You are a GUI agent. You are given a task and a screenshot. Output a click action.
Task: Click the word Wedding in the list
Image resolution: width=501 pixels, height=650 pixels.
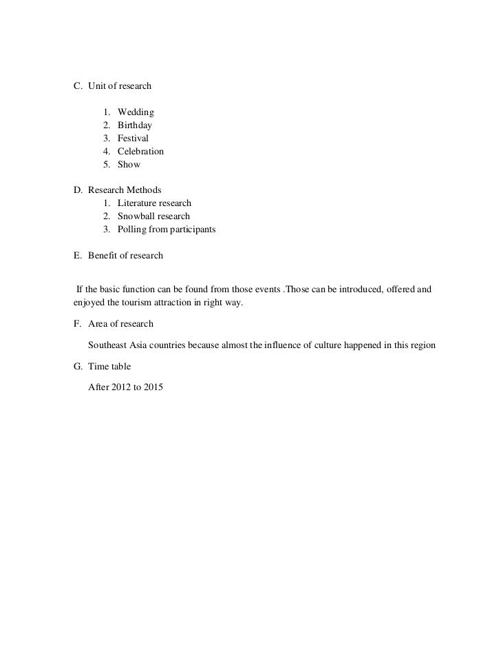pyautogui.click(x=136, y=112)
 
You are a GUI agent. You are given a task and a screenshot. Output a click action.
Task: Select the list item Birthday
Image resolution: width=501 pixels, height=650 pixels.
pyautogui.click(x=135, y=125)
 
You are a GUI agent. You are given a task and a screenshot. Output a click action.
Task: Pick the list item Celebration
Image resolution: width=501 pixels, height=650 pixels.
pyautogui.click(x=140, y=152)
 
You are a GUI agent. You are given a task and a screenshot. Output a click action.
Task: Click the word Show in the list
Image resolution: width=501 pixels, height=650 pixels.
pyautogui.click(x=129, y=165)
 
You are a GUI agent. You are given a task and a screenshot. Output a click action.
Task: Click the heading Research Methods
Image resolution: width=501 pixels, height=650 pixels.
pyautogui.click(x=125, y=190)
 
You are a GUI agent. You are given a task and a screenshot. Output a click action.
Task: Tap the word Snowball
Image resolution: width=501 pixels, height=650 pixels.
pyautogui.click(x=136, y=216)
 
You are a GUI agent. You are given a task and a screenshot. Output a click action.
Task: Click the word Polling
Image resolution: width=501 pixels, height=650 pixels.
pyautogui.click(x=132, y=230)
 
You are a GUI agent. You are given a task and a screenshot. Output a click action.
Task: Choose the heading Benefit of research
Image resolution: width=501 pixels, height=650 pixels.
pyautogui.click(x=125, y=256)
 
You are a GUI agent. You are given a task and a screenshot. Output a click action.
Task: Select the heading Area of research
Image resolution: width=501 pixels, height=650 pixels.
pyautogui.click(x=120, y=324)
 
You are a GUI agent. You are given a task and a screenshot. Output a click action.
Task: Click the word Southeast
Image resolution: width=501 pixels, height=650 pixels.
pyautogui.click(x=109, y=345)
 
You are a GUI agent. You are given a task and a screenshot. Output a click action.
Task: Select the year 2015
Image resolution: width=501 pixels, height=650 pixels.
pyautogui.click(x=165, y=388)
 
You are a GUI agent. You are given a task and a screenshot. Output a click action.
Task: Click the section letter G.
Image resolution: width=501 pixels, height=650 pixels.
pyautogui.click(x=77, y=367)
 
